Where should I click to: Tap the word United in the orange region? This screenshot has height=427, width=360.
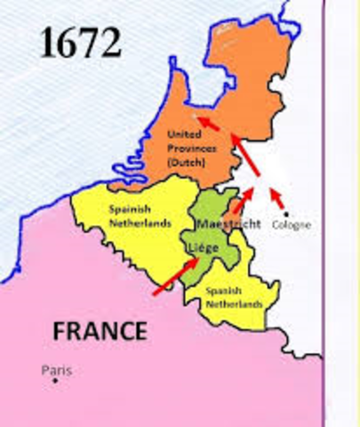pos(183,134)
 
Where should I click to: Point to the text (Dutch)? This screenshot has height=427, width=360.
pos(186,164)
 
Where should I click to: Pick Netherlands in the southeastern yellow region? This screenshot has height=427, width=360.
pos(234,303)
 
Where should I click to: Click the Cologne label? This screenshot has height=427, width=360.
pos(292,225)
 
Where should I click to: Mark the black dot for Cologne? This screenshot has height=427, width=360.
pos(285,213)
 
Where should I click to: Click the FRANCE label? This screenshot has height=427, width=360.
pos(100,331)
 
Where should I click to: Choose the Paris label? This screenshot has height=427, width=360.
pos(56,370)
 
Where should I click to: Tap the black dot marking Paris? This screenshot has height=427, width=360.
pos(55,381)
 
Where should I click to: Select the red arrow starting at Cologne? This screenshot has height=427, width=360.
pos(277,199)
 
